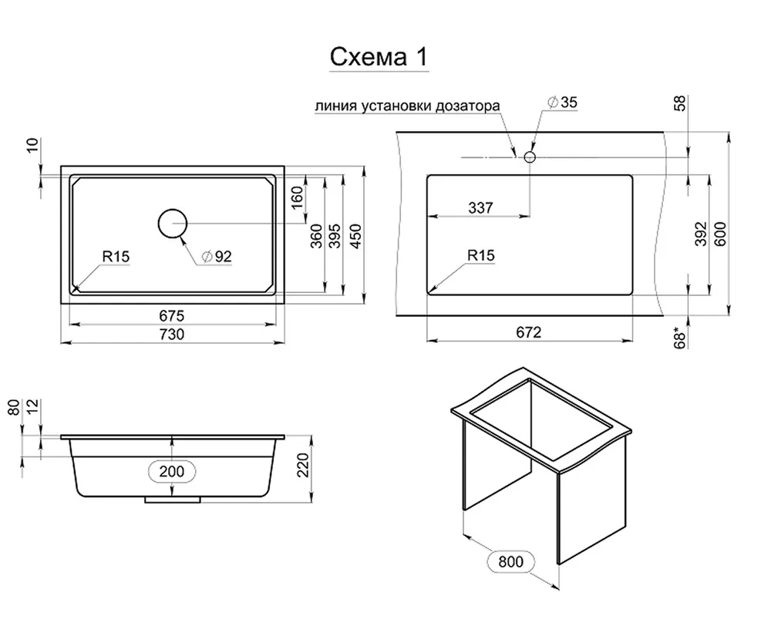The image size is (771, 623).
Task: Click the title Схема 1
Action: coord(378,56)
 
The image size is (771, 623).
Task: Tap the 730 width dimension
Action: coord(172,334)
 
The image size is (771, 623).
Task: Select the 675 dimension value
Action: coord(172,315)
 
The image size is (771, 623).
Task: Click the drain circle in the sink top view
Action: coord(173,224)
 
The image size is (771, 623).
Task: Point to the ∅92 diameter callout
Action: coord(217,256)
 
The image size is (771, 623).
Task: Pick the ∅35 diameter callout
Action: coord(562,103)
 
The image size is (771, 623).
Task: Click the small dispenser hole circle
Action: coord(530,157)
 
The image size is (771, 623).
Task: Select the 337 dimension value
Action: coord(480,207)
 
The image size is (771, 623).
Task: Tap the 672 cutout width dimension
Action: coord(529,332)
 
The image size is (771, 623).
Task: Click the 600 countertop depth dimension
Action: coord(720,234)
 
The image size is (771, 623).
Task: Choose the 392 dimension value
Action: coord(701,234)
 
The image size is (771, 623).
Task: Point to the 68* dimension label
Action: coord(679,337)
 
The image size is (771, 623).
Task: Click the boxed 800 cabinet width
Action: coord(510,561)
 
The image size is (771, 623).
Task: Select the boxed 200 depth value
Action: coord(172,472)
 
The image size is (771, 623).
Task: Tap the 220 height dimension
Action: coord(303,465)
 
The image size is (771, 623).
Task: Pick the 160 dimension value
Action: coord(298,197)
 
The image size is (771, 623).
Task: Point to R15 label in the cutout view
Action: coord(481,255)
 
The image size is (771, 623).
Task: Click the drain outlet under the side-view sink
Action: coord(173,500)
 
